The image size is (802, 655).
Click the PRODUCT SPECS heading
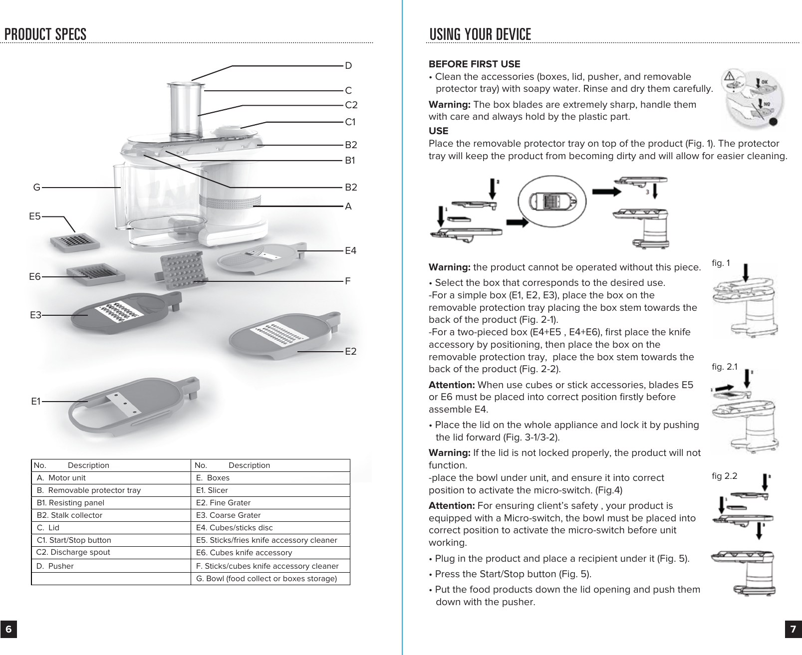pyautogui.click(x=45, y=34)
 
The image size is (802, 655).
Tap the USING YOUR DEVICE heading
pyautogui.click(x=480, y=34)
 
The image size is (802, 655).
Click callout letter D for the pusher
pyautogui.click(x=348, y=66)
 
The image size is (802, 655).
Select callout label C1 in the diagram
pyautogui.click(x=350, y=122)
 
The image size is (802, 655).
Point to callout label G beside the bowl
pyautogui.click(x=36, y=188)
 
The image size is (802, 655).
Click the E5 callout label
pyautogui.click(x=34, y=217)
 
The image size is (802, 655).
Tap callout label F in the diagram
pyautogui.click(x=348, y=281)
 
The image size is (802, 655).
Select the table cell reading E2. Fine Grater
pyautogui.click(x=223, y=503)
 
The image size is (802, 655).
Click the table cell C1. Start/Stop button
pyautogui.click(x=74, y=540)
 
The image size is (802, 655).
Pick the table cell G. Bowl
pyautogui.click(x=267, y=579)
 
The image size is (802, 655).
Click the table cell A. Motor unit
pyautogui.click(x=61, y=478)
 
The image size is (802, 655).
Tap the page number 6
pyautogui.click(x=8, y=630)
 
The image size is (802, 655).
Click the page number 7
pyautogui.click(x=793, y=630)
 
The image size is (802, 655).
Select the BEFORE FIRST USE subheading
pyautogui.click(x=474, y=64)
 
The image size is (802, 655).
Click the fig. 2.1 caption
pyautogui.click(x=725, y=367)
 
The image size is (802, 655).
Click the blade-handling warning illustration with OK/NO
pyautogui.click(x=754, y=100)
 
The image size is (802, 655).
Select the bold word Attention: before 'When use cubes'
pyautogui.click(x=452, y=385)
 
